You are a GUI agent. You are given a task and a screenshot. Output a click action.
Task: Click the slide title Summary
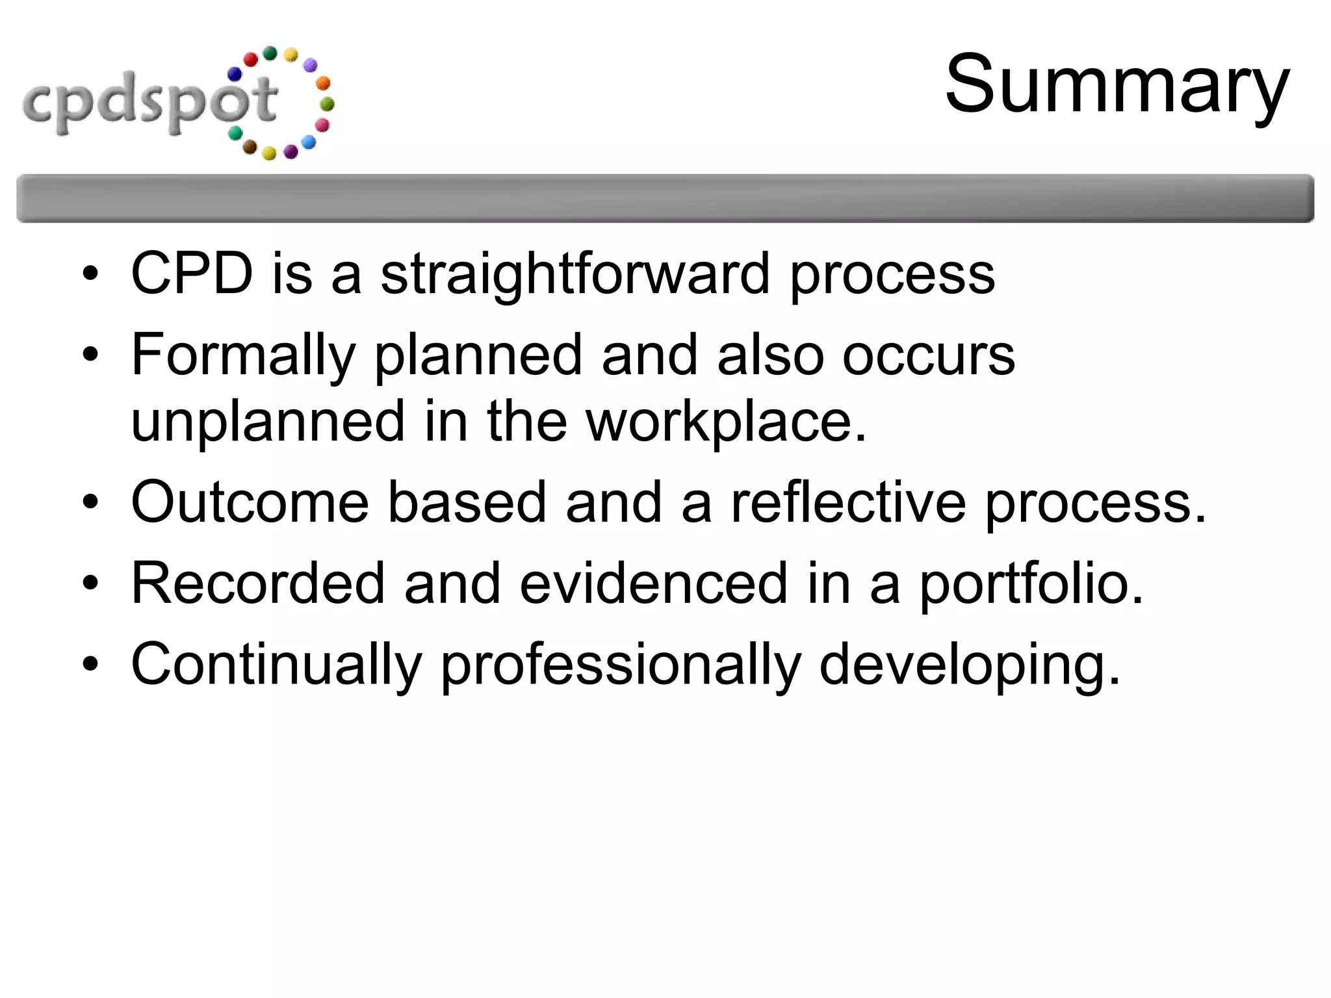[1117, 84]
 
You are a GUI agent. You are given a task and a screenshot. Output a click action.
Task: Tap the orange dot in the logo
[322, 83]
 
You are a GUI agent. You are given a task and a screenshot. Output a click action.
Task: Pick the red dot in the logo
[251, 60]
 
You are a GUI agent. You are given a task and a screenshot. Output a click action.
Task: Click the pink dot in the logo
[322, 125]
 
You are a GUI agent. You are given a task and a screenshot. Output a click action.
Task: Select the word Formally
[243, 355]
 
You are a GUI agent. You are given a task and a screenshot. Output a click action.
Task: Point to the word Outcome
[250, 502]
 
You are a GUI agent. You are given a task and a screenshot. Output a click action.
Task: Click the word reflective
[848, 502]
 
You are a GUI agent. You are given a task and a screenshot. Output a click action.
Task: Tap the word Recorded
[258, 583]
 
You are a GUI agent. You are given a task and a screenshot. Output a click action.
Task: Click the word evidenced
[653, 583]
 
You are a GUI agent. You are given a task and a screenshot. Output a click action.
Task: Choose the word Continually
[276, 664]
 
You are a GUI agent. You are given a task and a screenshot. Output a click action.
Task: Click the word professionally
[621, 664]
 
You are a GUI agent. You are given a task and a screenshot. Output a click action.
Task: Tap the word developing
[969, 664]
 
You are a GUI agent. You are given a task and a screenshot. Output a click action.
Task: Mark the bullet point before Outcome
[90, 502]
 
